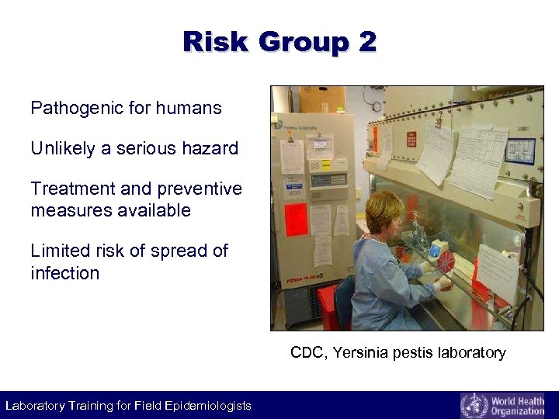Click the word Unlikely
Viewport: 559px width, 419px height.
[63, 148]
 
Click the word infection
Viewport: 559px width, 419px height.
[65, 273]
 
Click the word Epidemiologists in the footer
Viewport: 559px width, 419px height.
[209, 406]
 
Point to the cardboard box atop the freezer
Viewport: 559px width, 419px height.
[323, 100]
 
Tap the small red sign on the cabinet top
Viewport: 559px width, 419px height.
[411, 140]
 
